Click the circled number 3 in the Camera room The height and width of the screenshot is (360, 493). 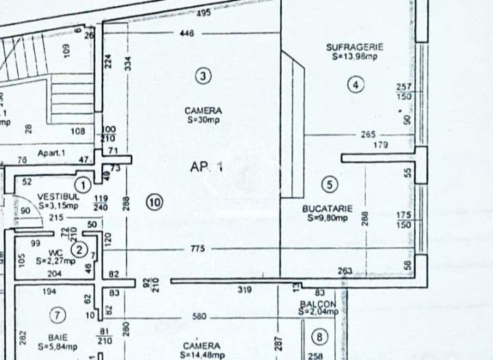click(202, 76)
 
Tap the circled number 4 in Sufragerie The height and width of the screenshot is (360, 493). click(356, 85)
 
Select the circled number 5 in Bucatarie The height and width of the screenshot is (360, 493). click(330, 184)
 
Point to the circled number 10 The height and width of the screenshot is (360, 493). click(155, 202)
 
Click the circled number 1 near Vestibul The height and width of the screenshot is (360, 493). click(83, 184)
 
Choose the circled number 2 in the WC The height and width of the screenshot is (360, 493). click(80, 250)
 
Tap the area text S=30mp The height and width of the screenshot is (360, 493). click(202, 120)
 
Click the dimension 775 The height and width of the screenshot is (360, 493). click(198, 249)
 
